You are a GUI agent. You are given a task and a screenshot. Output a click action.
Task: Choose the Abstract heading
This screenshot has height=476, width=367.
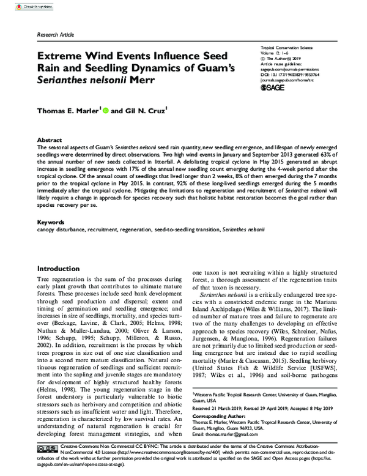[50, 139]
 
